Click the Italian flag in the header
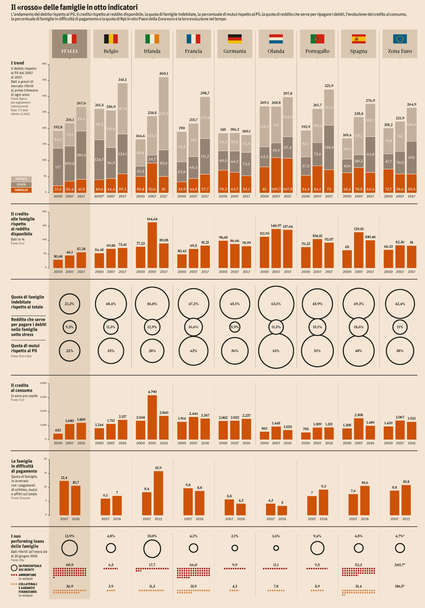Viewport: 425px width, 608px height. click(x=69, y=39)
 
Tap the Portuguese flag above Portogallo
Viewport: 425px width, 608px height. click(x=317, y=39)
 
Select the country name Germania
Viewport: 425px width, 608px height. click(x=235, y=51)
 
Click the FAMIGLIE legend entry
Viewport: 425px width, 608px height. click(x=21, y=190)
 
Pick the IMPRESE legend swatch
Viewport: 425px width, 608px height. click(x=21, y=179)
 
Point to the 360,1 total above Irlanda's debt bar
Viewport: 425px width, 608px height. click(x=163, y=73)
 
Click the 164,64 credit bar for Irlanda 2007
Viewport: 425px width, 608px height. click(x=152, y=245)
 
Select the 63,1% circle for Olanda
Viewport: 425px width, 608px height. click(x=276, y=304)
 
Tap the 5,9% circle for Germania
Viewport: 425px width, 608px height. click(x=235, y=327)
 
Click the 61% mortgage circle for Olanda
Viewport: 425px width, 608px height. click(x=276, y=351)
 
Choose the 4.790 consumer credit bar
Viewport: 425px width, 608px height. click(x=152, y=417)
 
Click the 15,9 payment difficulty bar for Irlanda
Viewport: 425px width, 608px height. click(x=158, y=493)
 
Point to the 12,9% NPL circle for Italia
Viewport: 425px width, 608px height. click(x=69, y=548)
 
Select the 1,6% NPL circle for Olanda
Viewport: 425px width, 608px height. click(x=276, y=548)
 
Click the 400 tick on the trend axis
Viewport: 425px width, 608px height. click(x=44, y=64)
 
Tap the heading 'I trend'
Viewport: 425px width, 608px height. click(x=18, y=63)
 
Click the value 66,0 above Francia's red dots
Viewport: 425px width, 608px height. click(x=193, y=565)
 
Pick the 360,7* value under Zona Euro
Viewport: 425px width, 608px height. click(x=400, y=565)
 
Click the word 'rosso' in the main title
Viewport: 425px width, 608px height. click(x=32, y=7)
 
